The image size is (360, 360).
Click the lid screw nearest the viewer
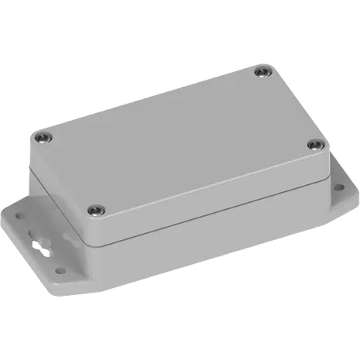(96, 209)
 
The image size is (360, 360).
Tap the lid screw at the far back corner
(260, 73)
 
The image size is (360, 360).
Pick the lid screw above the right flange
(314, 145)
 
